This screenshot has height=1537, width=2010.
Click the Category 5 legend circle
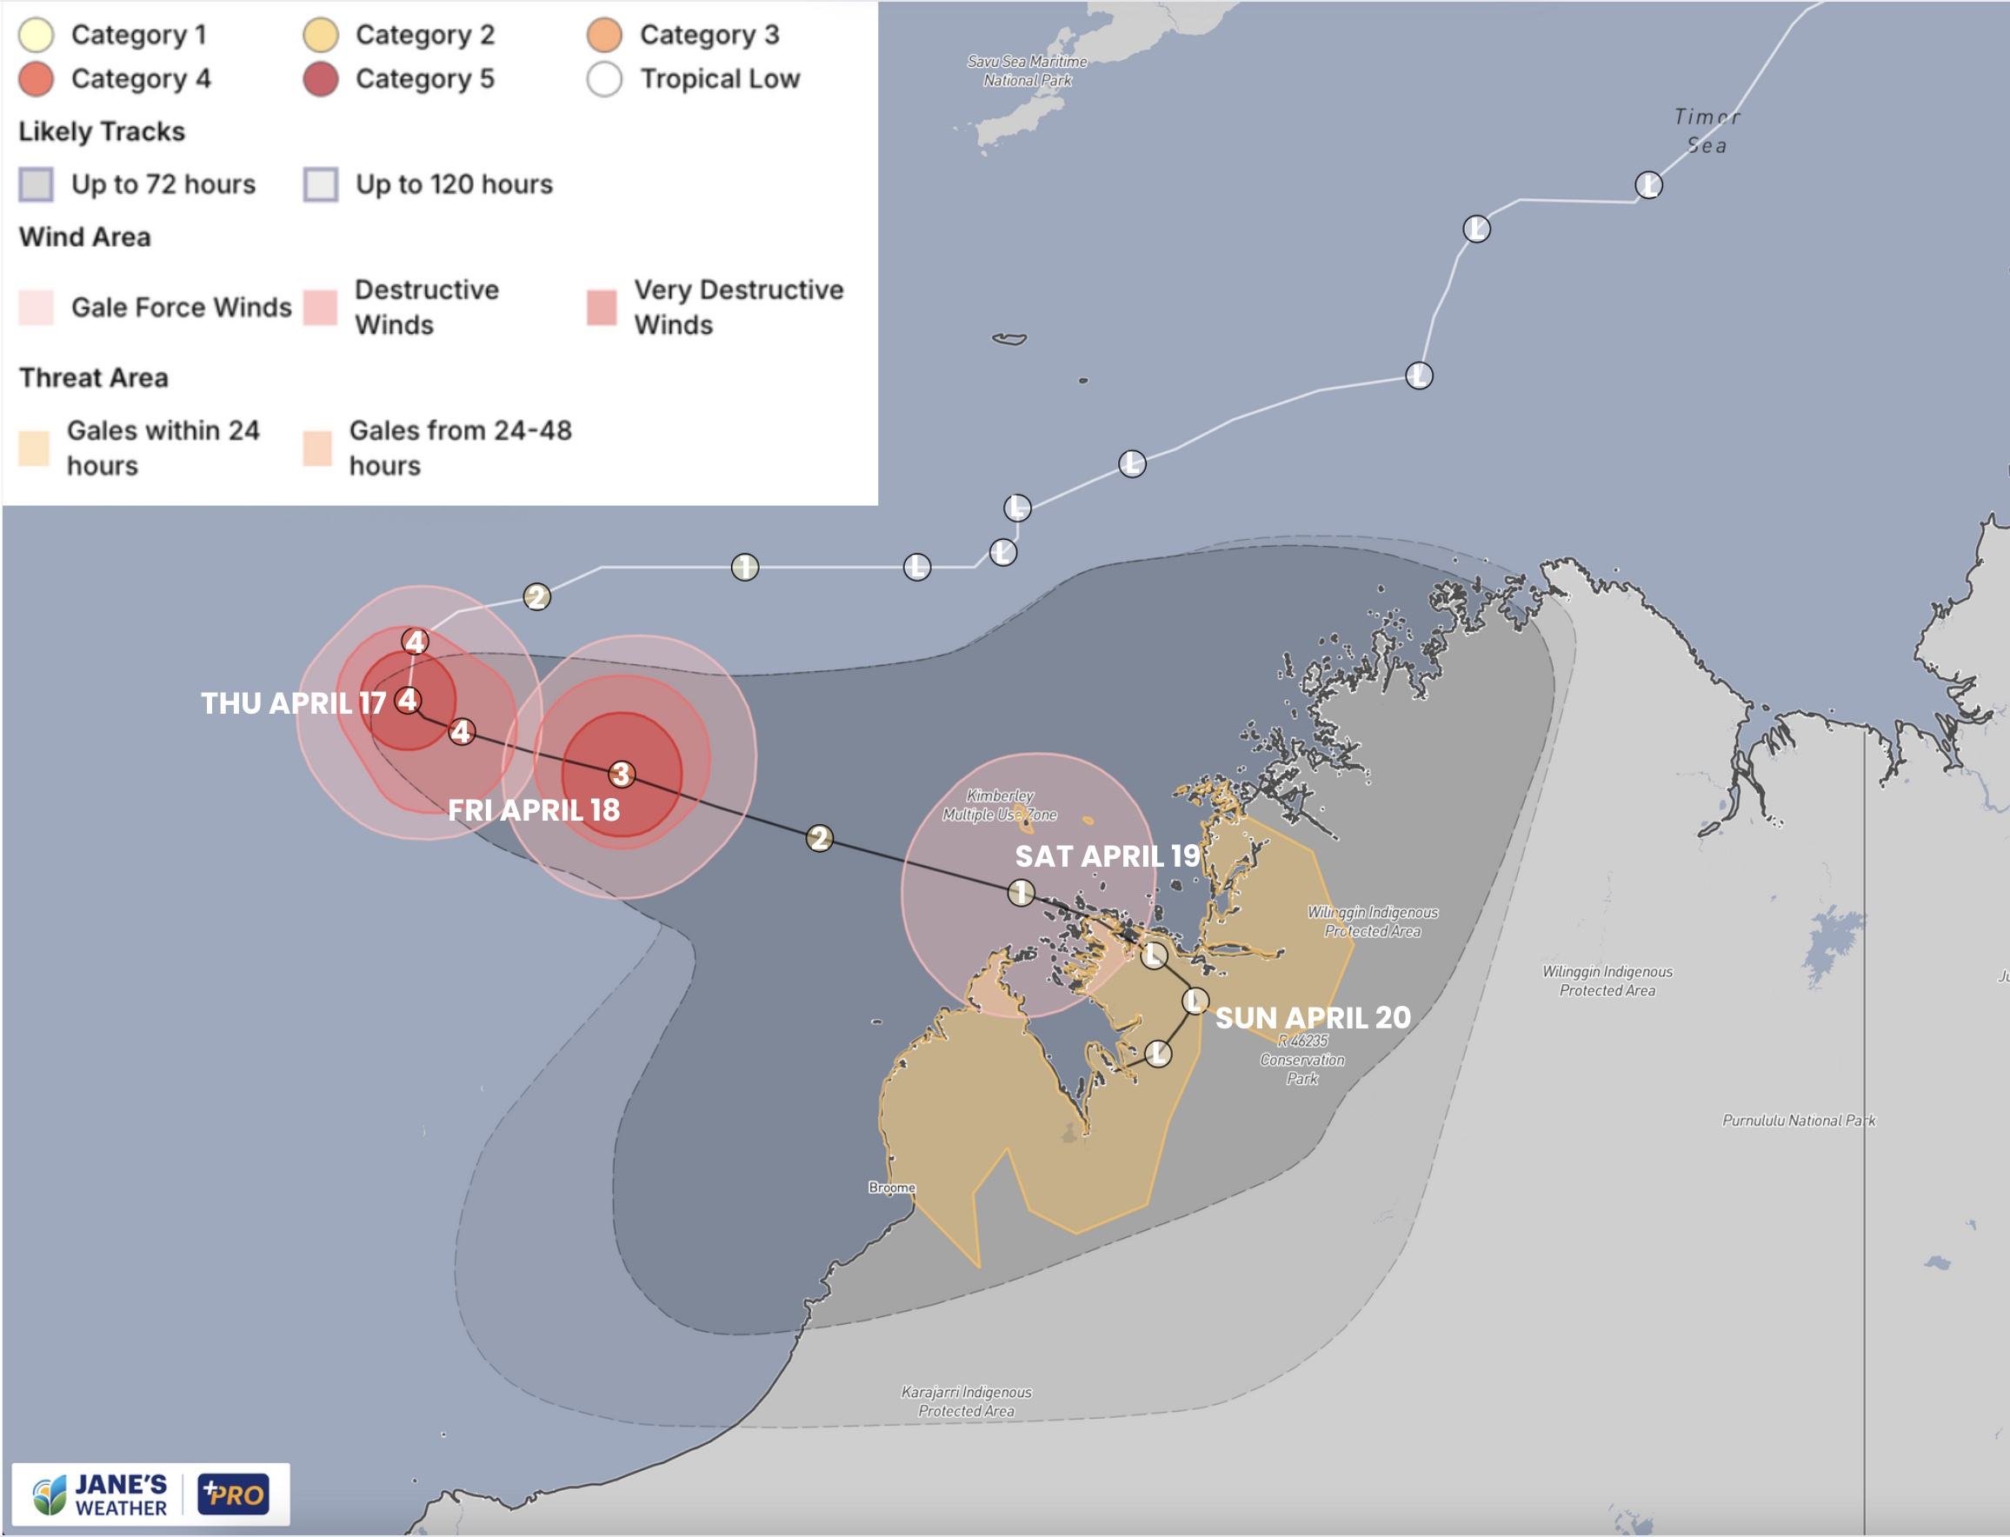pyautogui.click(x=320, y=80)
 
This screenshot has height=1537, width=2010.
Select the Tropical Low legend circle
pyautogui.click(x=604, y=80)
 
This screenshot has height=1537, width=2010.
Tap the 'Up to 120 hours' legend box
pyautogui.click(x=320, y=184)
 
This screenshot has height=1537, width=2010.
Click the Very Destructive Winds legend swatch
pyautogui.click(x=601, y=308)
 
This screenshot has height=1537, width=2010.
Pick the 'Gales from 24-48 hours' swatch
pyautogui.click(x=316, y=449)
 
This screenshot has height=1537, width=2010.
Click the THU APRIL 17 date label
pyautogui.click(x=293, y=703)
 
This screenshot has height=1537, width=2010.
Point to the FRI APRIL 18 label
pyautogui.click(x=534, y=810)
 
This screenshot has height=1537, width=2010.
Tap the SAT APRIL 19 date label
pyautogui.click(x=1106, y=856)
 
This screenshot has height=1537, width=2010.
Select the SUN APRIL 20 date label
pyautogui.click(x=1312, y=1018)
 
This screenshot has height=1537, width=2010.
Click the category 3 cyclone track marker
pyautogui.click(x=622, y=775)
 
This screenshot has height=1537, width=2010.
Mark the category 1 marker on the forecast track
pyautogui.click(x=1021, y=892)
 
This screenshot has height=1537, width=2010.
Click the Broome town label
pyautogui.click(x=891, y=1188)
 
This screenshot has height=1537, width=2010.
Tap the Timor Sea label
pyautogui.click(x=1707, y=130)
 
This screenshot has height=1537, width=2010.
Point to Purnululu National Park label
pyautogui.click(x=1798, y=1121)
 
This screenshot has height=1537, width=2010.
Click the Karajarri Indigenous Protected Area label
pyautogui.click(x=966, y=1401)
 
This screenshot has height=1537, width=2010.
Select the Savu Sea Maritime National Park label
pyautogui.click(x=1027, y=70)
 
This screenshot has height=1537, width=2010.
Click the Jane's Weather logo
pyautogui.click(x=101, y=1495)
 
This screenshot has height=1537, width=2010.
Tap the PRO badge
pyautogui.click(x=233, y=1495)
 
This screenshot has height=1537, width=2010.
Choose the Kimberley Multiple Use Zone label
pyautogui.click(x=999, y=805)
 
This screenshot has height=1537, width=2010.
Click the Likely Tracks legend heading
pyautogui.click(x=102, y=132)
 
